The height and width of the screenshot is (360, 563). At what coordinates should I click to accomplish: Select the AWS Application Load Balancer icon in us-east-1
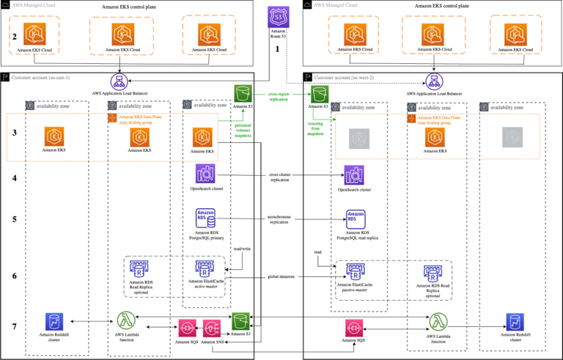point(119,81)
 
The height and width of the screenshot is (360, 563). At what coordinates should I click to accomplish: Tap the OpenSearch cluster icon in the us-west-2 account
point(354,175)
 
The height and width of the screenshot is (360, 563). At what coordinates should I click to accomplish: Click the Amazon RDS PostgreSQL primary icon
point(205,218)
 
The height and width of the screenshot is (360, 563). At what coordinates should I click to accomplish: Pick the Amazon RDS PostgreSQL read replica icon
point(354,218)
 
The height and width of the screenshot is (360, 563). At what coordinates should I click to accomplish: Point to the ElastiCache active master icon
point(205,269)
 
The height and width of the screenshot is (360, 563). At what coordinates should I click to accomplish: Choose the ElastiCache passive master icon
point(353,271)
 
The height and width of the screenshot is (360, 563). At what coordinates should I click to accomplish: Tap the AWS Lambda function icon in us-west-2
point(438,321)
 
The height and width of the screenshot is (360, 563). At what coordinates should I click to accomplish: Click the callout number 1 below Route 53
point(277,49)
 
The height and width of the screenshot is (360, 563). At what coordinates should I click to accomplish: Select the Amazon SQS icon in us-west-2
point(354,326)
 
